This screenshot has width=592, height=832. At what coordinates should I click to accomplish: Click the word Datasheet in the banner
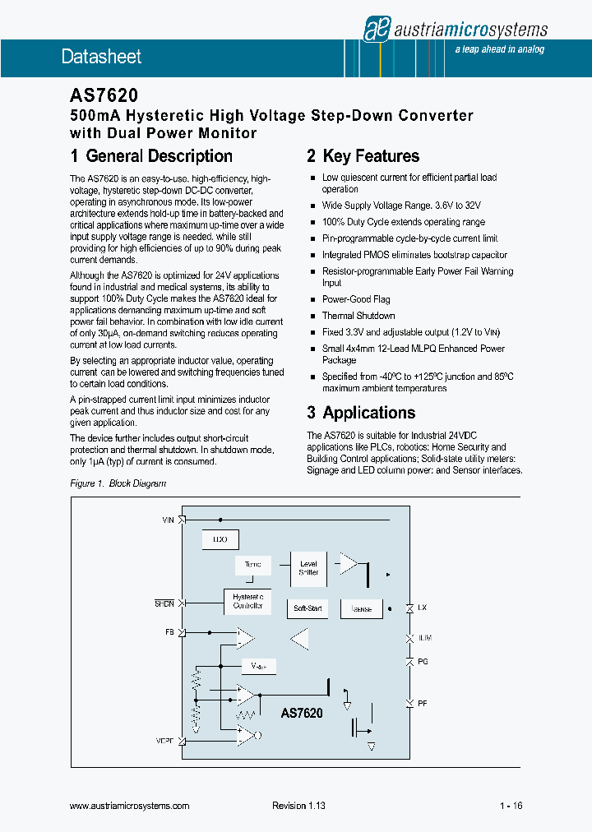[101, 57]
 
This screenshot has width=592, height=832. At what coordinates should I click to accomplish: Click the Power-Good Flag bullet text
[356, 299]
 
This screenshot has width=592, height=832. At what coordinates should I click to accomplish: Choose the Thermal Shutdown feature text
[358, 316]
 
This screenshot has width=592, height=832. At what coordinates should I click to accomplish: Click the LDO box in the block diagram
[220, 540]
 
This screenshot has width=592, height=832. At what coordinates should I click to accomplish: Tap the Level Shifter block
[308, 568]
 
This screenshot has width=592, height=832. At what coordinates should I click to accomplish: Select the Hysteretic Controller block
[247, 601]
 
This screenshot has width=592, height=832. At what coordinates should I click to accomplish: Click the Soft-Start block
[308, 609]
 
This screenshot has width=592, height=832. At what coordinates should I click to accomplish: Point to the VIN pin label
[169, 520]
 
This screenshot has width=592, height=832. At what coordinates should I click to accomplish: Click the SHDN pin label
[164, 603]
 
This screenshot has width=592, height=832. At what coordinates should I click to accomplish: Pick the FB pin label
[169, 632]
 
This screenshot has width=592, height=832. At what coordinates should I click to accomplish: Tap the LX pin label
[423, 608]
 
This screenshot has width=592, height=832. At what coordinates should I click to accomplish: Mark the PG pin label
[423, 661]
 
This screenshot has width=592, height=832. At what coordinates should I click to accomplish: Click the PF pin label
[423, 704]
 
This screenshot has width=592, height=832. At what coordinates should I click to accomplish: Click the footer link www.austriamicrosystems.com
[130, 807]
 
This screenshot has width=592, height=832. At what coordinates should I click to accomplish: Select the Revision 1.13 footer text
[298, 807]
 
